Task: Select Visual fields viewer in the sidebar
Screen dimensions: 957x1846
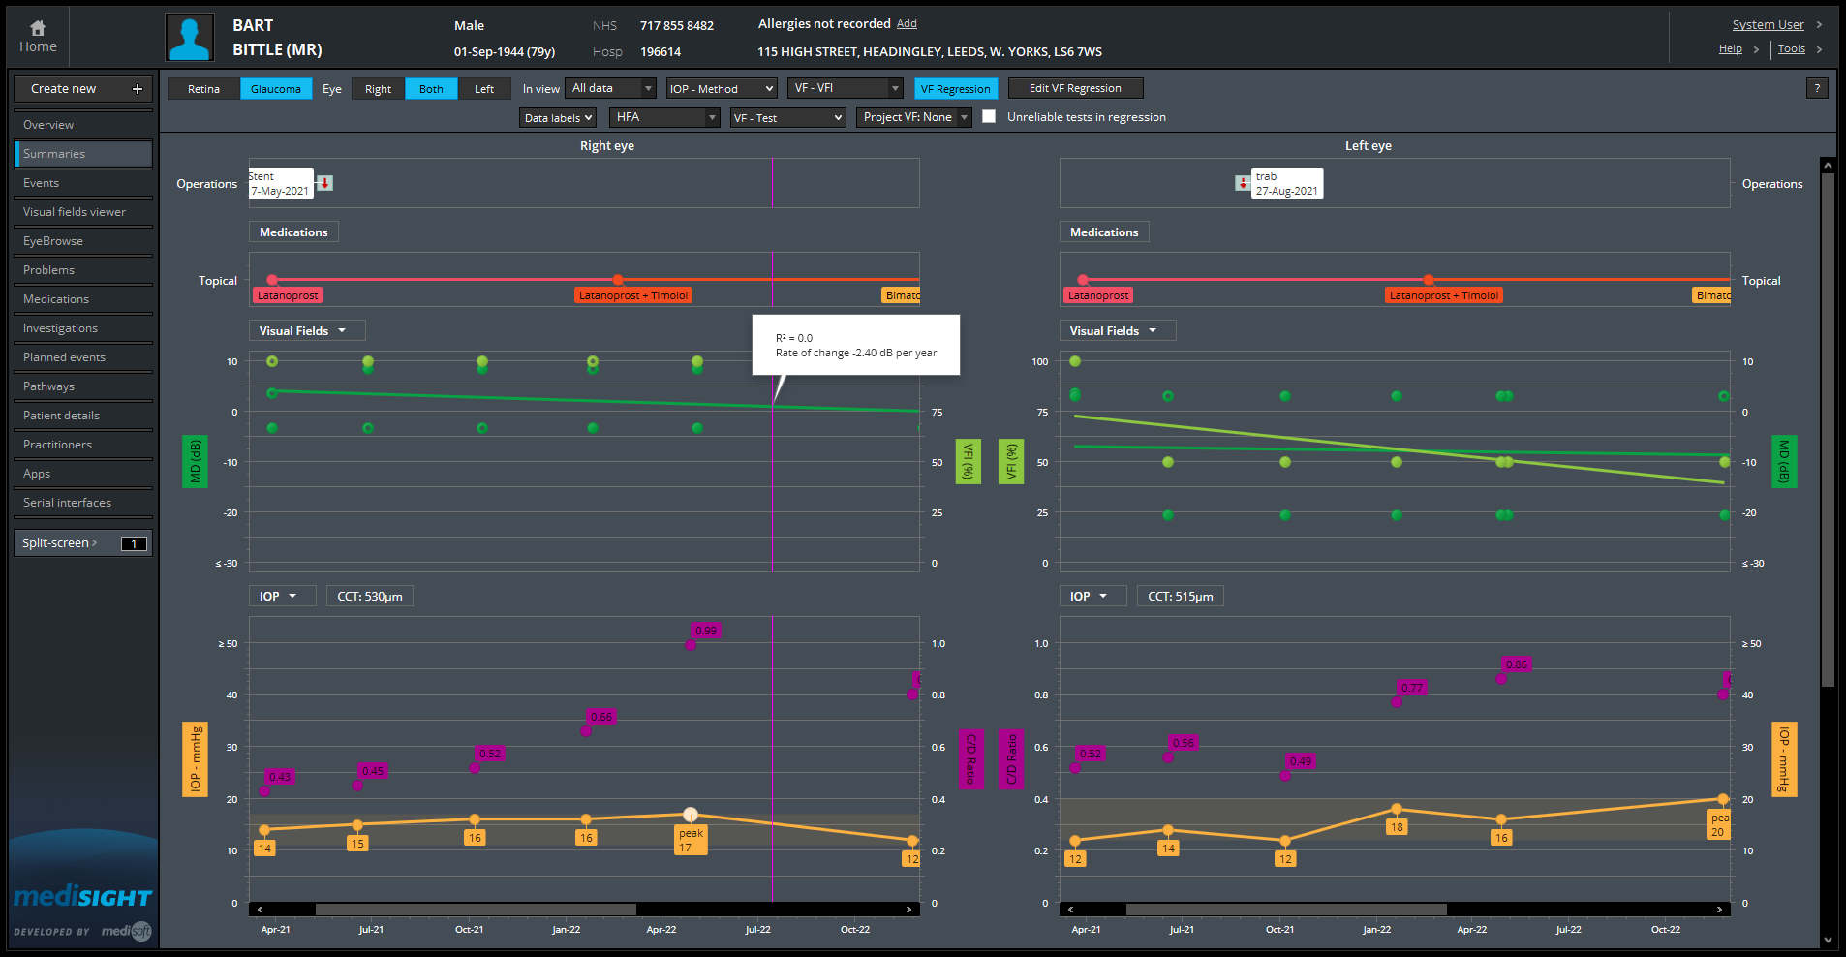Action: [75, 212]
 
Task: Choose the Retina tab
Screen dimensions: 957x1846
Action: [203, 89]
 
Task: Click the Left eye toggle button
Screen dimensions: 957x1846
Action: [483, 89]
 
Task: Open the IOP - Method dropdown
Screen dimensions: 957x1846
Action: [721, 89]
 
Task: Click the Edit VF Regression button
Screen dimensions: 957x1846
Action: [1075, 88]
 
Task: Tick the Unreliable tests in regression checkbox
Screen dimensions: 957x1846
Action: [989, 116]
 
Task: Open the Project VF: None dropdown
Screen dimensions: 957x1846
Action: [914, 117]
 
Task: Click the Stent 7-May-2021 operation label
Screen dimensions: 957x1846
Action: [281, 183]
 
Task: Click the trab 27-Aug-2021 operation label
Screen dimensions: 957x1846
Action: [1286, 183]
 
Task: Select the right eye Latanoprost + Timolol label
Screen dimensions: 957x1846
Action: [632, 295]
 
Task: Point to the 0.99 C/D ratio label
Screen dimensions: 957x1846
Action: [706, 631]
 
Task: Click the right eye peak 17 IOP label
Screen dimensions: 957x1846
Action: [691, 840]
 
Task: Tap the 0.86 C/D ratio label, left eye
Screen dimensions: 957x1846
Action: [1516, 664]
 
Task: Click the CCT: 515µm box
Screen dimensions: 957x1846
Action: [1180, 597]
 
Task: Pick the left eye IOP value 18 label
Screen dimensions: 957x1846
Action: [1396, 827]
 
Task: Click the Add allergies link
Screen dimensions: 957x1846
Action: [906, 24]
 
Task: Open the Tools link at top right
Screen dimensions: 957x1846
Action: [1791, 49]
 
